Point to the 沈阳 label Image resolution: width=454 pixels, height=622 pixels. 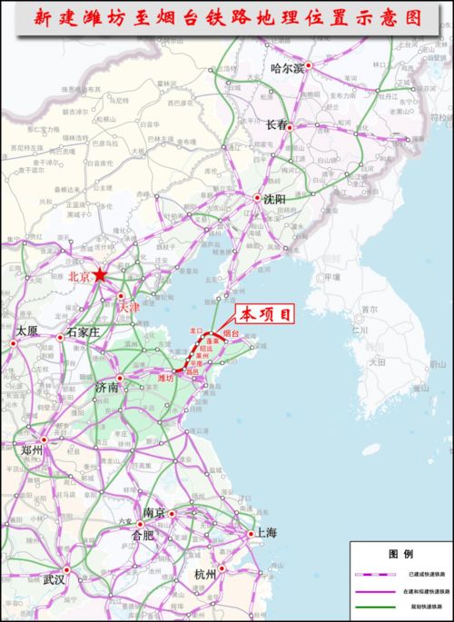click(x=275, y=199)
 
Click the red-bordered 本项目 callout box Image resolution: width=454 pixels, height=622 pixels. click(x=266, y=314)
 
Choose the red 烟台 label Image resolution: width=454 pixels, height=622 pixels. click(x=231, y=335)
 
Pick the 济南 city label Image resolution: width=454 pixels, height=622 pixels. click(x=107, y=388)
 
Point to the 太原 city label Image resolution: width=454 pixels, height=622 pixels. click(x=27, y=331)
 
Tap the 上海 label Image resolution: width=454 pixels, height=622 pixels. click(x=266, y=534)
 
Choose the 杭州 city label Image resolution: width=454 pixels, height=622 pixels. click(x=205, y=575)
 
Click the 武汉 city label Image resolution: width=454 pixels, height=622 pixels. click(x=54, y=579)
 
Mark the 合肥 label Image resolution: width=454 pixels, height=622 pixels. click(x=143, y=536)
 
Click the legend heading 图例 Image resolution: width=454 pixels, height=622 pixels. click(x=401, y=553)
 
